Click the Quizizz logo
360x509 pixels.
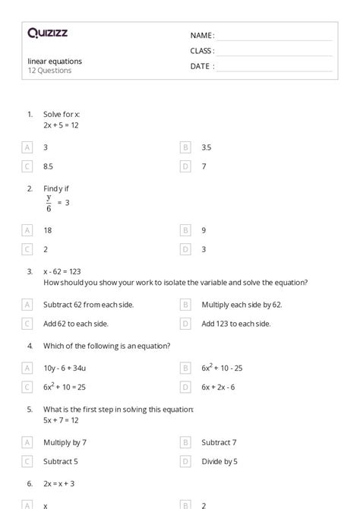coord(47,33)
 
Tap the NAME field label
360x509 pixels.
coord(201,36)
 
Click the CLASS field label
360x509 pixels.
coord(201,51)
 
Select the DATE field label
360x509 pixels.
coord(201,66)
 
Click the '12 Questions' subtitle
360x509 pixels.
coord(50,71)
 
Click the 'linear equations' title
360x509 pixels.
coord(55,61)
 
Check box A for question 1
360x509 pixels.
coord(27,147)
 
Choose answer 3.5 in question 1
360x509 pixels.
coord(206,147)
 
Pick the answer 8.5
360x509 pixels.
coord(48,166)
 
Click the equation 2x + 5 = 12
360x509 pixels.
coord(61,125)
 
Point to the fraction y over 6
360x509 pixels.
coord(49,203)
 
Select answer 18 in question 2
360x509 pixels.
coord(48,230)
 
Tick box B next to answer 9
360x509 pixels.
coord(185,230)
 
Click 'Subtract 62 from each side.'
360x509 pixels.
coord(77,305)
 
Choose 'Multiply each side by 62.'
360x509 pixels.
coord(242,305)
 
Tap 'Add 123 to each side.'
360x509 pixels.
coord(235,323)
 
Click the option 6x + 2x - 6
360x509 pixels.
coord(218,386)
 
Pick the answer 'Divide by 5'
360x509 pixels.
coord(219,460)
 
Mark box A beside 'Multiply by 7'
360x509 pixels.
coord(27,442)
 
